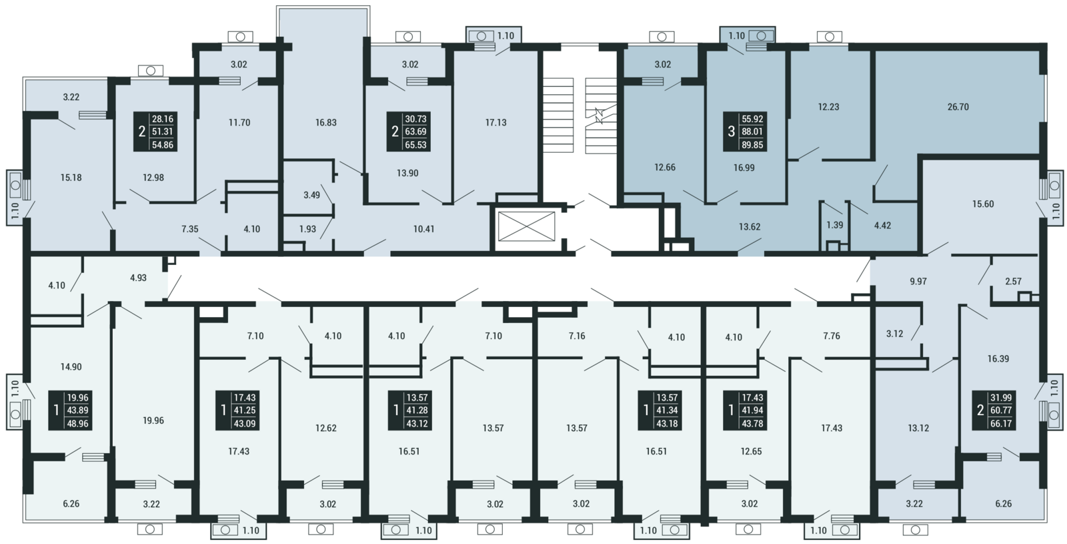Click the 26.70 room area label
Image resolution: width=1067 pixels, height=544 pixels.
[958, 107]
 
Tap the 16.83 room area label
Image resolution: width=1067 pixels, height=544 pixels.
[326, 123]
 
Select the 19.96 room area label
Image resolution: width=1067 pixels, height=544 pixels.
[153, 421]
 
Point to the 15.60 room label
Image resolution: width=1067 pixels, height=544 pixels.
[983, 204]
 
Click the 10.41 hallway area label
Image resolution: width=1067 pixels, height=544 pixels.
[423, 229]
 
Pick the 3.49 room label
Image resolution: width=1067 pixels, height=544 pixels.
[311, 195]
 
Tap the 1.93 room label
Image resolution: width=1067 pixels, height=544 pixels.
[307, 229]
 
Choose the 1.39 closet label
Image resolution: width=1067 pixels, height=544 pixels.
[834, 225]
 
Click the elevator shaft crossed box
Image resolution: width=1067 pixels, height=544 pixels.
[526, 226]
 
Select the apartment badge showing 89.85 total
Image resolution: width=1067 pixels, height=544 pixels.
[745, 131]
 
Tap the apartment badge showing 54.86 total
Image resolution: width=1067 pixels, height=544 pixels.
[155, 131]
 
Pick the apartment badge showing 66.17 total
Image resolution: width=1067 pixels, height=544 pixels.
[994, 411]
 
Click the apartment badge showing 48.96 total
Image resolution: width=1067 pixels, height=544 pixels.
[71, 411]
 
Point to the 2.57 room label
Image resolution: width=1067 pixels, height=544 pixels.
[1013, 281]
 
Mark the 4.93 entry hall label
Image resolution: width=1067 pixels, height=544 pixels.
[138, 278]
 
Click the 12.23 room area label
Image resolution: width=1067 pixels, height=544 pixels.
[828, 107]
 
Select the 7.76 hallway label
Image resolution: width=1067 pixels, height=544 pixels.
[831, 336]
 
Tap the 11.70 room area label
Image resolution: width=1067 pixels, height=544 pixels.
[239, 123]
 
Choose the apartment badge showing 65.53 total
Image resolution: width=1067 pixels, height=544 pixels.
[409, 131]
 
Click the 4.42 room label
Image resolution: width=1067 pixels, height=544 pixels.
[882, 226]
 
